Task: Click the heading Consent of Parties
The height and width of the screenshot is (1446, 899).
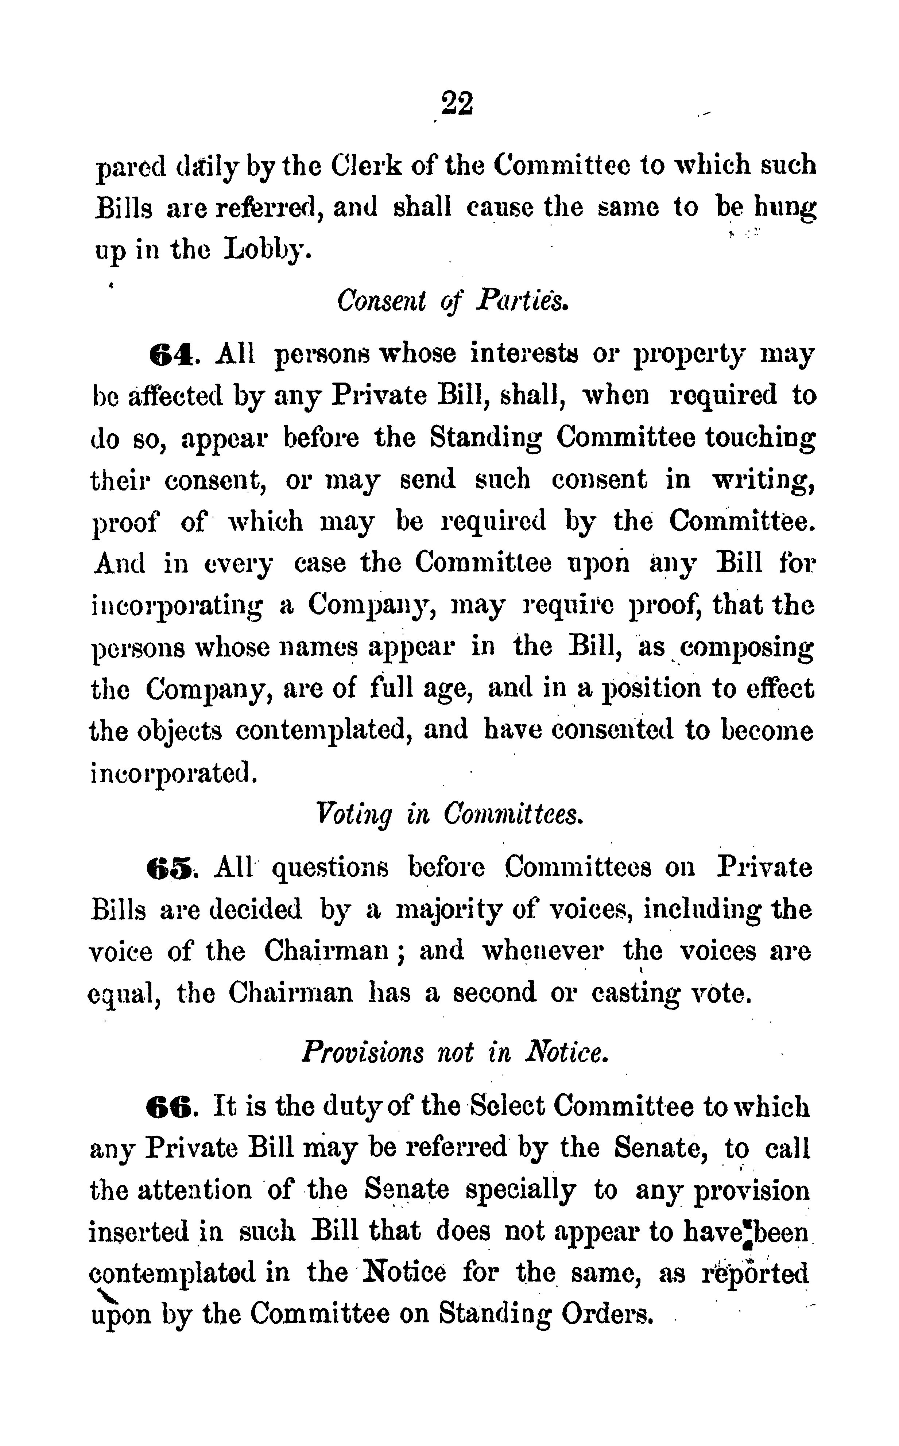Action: [453, 301]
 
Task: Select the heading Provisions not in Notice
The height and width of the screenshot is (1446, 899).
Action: [456, 1052]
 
